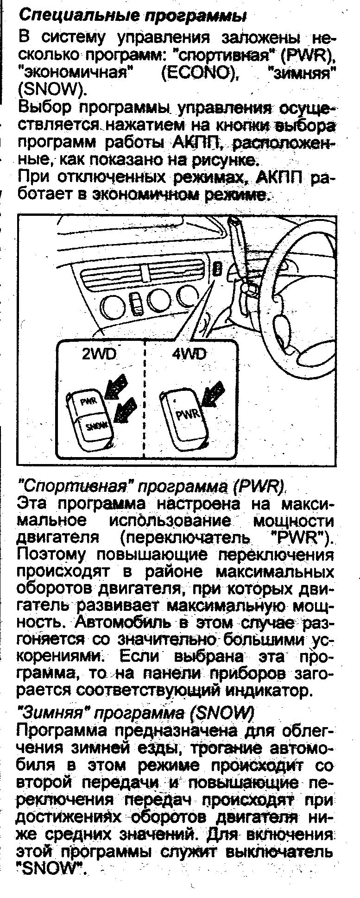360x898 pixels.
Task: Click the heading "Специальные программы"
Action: point(132,15)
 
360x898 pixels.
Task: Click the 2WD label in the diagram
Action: point(99,354)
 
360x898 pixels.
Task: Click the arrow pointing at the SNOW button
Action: point(126,409)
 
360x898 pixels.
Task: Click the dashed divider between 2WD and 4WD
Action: point(145,398)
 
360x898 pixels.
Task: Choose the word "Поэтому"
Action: point(51,554)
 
